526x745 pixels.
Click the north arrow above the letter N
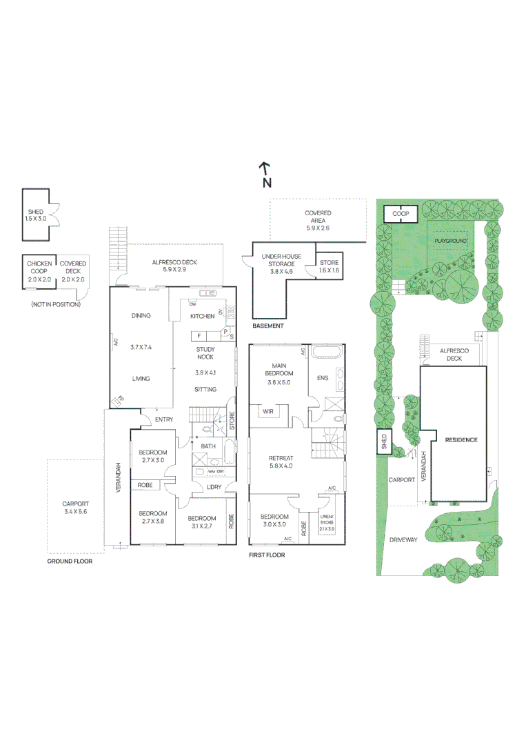[x=263, y=168]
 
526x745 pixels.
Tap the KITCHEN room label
[x=202, y=317]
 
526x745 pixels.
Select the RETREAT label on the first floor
[x=281, y=458]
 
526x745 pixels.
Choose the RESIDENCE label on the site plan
[x=461, y=440]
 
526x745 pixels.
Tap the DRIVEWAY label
[x=403, y=540]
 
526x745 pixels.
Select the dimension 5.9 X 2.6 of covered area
[x=318, y=228]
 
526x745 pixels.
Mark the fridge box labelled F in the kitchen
[x=199, y=335]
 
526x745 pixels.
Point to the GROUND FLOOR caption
[x=69, y=561]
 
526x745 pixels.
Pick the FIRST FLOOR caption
[x=266, y=555]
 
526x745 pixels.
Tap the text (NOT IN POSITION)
[x=55, y=304]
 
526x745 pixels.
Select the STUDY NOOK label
[x=205, y=353]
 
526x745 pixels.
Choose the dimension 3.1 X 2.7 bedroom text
[x=202, y=526]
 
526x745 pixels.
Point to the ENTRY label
[x=163, y=419]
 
